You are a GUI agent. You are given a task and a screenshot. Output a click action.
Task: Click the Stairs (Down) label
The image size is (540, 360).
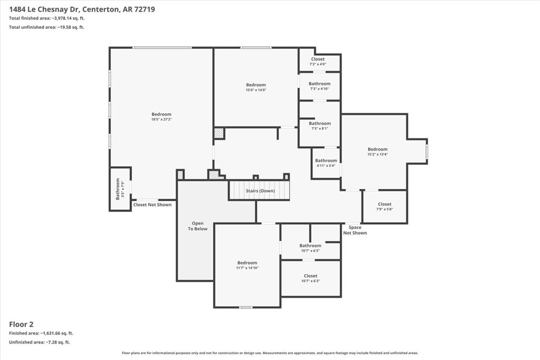(260, 191)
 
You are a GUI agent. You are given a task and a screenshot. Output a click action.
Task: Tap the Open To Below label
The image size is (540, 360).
(197, 226)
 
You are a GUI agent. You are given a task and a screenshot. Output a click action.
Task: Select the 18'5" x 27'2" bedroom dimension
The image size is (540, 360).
(161, 119)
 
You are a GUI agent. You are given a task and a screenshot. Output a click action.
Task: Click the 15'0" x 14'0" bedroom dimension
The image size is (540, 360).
(256, 90)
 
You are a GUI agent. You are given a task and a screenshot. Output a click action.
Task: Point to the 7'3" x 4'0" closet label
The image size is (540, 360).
(318, 62)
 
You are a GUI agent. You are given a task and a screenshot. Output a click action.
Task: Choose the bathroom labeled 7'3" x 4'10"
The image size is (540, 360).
(319, 86)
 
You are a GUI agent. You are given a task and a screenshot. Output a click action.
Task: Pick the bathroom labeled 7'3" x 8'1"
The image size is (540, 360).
(319, 126)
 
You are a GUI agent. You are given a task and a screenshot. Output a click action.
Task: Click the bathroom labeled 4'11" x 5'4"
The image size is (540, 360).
(326, 163)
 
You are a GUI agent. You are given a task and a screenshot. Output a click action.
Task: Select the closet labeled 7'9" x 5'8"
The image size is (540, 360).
(384, 206)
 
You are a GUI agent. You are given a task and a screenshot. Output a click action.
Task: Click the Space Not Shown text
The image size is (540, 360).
(355, 230)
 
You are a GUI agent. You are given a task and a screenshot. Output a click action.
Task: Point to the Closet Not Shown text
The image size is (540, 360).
(152, 205)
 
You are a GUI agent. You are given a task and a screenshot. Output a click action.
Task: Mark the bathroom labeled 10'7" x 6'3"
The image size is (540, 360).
(310, 248)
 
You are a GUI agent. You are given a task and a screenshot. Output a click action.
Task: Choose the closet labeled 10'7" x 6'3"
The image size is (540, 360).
(310, 278)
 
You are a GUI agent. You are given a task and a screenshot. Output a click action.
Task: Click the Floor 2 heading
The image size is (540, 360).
(21, 324)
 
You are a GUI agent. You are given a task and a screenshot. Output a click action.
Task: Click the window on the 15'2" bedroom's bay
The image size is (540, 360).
(427, 151)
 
